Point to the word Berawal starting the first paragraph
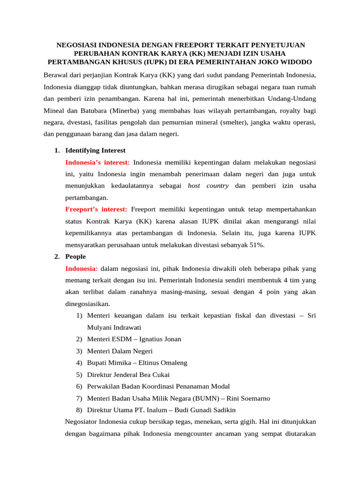pyautogui.click(x=55, y=75)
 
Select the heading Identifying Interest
pyautogui.click(x=95, y=150)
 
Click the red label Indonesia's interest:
pyautogui.click(x=97, y=162)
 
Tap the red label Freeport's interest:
pyautogui.click(x=96, y=209)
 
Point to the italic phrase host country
pyautogui.click(x=208, y=186)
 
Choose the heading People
pyautogui.click(x=75, y=256)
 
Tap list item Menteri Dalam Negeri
pyautogui.click(x=120, y=351)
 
